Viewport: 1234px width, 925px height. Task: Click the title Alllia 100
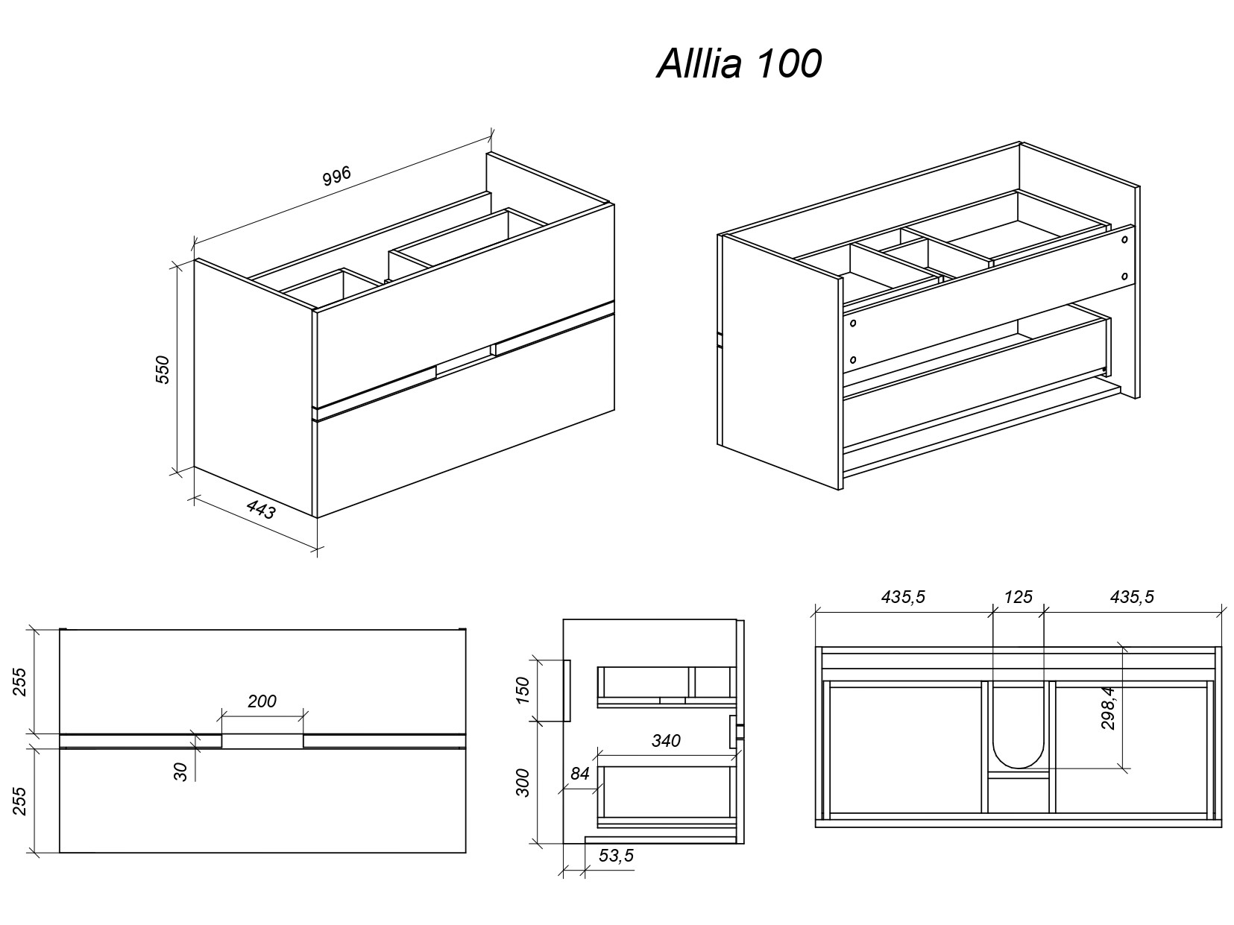tap(738, 64)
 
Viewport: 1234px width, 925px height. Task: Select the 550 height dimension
tap(163, 370)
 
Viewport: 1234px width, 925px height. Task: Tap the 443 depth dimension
tap(261, 510)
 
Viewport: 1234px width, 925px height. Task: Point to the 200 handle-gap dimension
tap(262, 701)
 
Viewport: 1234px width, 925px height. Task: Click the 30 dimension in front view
tap(180, 771)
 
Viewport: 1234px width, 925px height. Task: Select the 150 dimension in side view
tap(523, 690)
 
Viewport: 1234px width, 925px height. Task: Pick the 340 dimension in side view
tap(666, 740)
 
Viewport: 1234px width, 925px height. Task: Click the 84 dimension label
tap(579, 774)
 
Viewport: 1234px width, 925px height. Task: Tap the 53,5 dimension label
tap(616, 856)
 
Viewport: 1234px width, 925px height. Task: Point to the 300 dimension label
tap(523, 783)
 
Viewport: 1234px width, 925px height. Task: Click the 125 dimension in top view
tap(1018, 596)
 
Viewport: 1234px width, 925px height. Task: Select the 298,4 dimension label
tap(1108, 708)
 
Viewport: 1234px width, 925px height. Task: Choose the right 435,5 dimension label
tap(1132, 596)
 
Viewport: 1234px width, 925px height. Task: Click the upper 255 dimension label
tap(19, 681)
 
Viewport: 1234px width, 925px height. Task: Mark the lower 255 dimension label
tap(19, 801)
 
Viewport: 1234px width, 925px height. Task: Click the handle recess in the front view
tap(262, 740)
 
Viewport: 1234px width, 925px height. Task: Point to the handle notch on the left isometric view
tap(465, 359)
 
